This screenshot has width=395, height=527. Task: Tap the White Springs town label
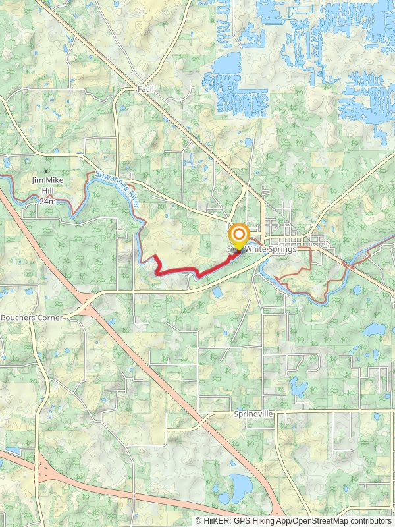[x=269, y=250]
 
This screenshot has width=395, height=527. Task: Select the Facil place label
[x=145, y=88]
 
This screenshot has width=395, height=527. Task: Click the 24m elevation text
[x=47, y=201]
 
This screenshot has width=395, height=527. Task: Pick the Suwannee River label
[x=119, y=191]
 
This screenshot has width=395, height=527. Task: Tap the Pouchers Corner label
[x=32, y=318]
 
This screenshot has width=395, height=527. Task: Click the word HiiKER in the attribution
[x=217, y=520]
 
